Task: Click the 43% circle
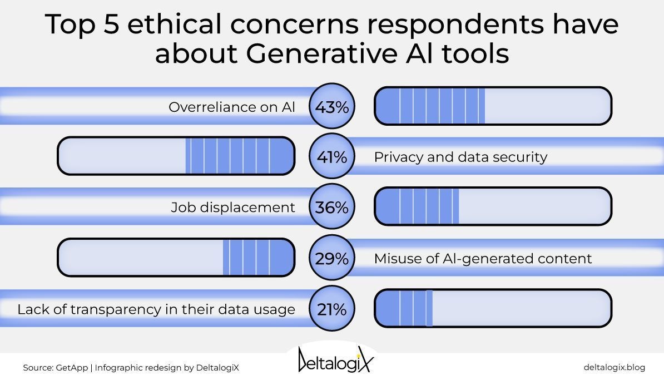[331, 106]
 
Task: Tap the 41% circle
[331, 157]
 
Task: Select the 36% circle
[331, 207]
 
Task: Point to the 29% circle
[331, 258]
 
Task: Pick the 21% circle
[331, 309]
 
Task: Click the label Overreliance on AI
[232, 107]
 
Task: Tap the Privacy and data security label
[460, 157]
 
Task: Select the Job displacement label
[233, 208]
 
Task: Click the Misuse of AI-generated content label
[483, 258]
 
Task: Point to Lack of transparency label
[156, 309]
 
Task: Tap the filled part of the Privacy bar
[239, 156]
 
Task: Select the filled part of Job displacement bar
[418, 206]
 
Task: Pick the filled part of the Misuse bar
[258, 258]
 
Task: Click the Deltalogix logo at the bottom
[336, 361]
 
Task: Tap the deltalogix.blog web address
[614, 367]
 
